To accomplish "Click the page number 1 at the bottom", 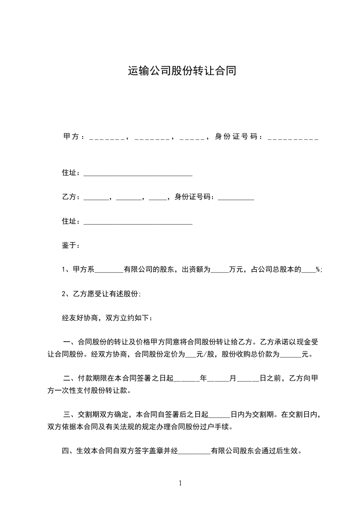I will click(x=180, y=483).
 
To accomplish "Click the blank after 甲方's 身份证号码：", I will click(x=293, y=137).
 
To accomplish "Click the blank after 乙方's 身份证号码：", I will click(x=236, y=198).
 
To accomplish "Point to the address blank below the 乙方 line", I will click(x=138, y=222).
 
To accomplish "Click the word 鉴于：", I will click(x=71, y=245).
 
